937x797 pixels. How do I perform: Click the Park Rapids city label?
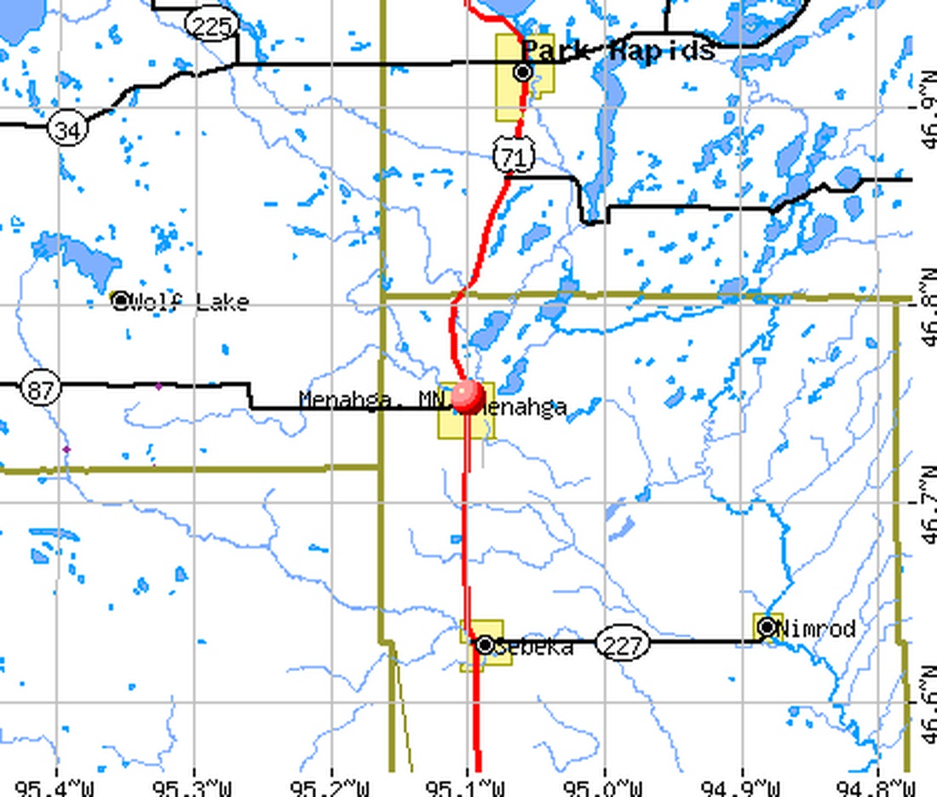(618, 50)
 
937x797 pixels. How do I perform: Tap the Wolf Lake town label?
(192, 302)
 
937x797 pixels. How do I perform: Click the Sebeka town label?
(534, 648)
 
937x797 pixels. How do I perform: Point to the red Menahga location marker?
(468, 396)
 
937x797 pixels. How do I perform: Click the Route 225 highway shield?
(211, 26)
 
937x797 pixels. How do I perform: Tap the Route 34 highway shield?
(67, 129)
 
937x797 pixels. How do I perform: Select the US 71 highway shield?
(514, 156)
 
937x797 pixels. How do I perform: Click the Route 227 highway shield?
(621, 645)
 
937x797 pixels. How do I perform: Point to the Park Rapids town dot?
(524, 72)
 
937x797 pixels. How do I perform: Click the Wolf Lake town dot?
(121, 301)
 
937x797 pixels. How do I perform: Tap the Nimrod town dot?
(767, 628)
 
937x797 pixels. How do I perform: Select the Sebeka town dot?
(485, 645)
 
